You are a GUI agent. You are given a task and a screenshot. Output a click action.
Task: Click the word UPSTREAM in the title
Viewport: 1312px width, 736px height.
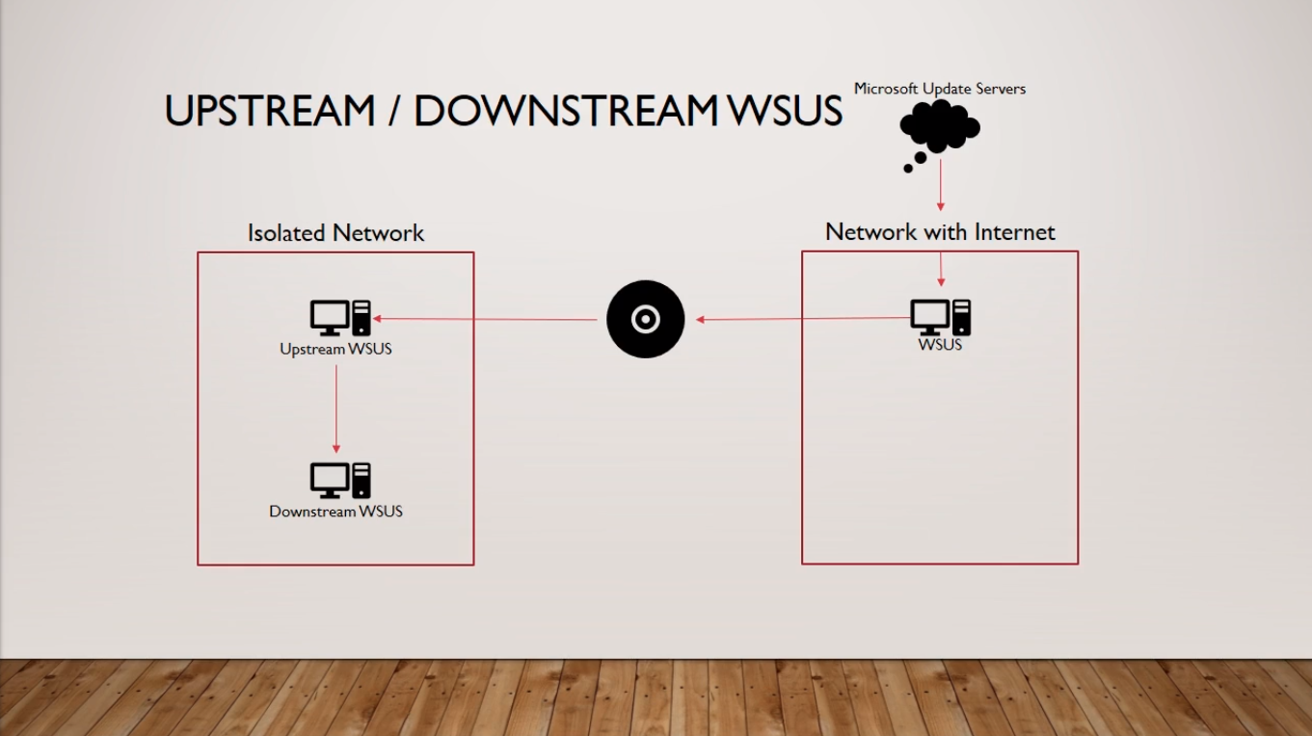coord(269,110)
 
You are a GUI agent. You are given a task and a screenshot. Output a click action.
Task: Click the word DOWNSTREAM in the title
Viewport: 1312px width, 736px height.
coord(566,110)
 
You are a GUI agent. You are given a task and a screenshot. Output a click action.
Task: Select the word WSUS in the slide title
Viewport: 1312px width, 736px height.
coord(785,110)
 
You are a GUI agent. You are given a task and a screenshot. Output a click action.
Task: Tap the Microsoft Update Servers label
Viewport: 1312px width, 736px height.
coord(940,89)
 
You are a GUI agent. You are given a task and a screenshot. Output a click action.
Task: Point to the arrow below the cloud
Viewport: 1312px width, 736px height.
coord(941,185)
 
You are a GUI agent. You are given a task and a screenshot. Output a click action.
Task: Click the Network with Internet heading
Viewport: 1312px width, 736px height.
coord(940,232)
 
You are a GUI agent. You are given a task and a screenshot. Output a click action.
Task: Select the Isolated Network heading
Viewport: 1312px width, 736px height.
coord(335,233)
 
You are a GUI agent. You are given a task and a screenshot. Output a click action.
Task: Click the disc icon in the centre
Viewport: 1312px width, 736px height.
coord(646,319)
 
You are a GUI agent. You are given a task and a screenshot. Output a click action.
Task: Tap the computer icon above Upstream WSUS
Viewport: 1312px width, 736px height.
coord(340,318)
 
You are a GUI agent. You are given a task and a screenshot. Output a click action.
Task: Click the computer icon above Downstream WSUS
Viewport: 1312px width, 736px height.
coord(340,481)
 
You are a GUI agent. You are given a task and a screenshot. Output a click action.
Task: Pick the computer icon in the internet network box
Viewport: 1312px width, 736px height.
coord(940,317)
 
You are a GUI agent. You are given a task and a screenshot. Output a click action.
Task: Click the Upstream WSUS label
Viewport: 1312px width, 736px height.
coord(335,349)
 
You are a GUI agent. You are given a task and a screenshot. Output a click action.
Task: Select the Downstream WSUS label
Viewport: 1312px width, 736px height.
coord(335,512)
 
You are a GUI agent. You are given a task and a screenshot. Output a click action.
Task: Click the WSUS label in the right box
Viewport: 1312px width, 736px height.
coord(940,345)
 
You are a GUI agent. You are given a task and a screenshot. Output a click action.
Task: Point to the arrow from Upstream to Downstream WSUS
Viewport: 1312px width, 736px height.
coord(336,409)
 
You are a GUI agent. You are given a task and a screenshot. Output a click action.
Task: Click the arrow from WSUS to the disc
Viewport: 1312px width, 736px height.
coord(802,319)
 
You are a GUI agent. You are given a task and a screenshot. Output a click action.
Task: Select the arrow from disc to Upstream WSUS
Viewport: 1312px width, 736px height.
coord(485,319)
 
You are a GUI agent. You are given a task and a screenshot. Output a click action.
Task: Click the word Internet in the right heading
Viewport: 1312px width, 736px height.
coord(1014,232)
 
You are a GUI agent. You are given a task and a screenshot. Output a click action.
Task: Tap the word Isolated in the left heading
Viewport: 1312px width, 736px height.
coord(286,233)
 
